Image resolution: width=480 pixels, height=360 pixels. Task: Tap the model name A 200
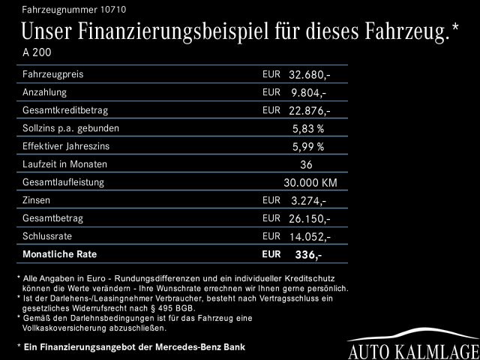[37, 54]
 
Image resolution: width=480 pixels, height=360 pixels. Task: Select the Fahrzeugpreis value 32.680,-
[309, 75]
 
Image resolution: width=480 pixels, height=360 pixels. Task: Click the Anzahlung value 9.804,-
[309, 93]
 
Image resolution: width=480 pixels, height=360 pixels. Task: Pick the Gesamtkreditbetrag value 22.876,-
[309, 111]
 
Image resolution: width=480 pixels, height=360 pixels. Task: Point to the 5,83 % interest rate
[309, 129]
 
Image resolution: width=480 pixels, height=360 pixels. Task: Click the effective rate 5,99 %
[309, 147]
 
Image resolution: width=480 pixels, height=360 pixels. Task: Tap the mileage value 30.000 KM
[310, 183]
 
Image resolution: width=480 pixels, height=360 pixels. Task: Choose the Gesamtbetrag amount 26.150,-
[309, 219]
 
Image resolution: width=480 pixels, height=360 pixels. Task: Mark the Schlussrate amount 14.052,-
[309, 237]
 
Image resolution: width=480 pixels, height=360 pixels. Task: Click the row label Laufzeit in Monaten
[64, 164]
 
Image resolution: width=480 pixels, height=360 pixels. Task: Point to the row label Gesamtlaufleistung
[63, 182]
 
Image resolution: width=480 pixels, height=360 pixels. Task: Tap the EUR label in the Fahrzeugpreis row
[271, 74]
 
